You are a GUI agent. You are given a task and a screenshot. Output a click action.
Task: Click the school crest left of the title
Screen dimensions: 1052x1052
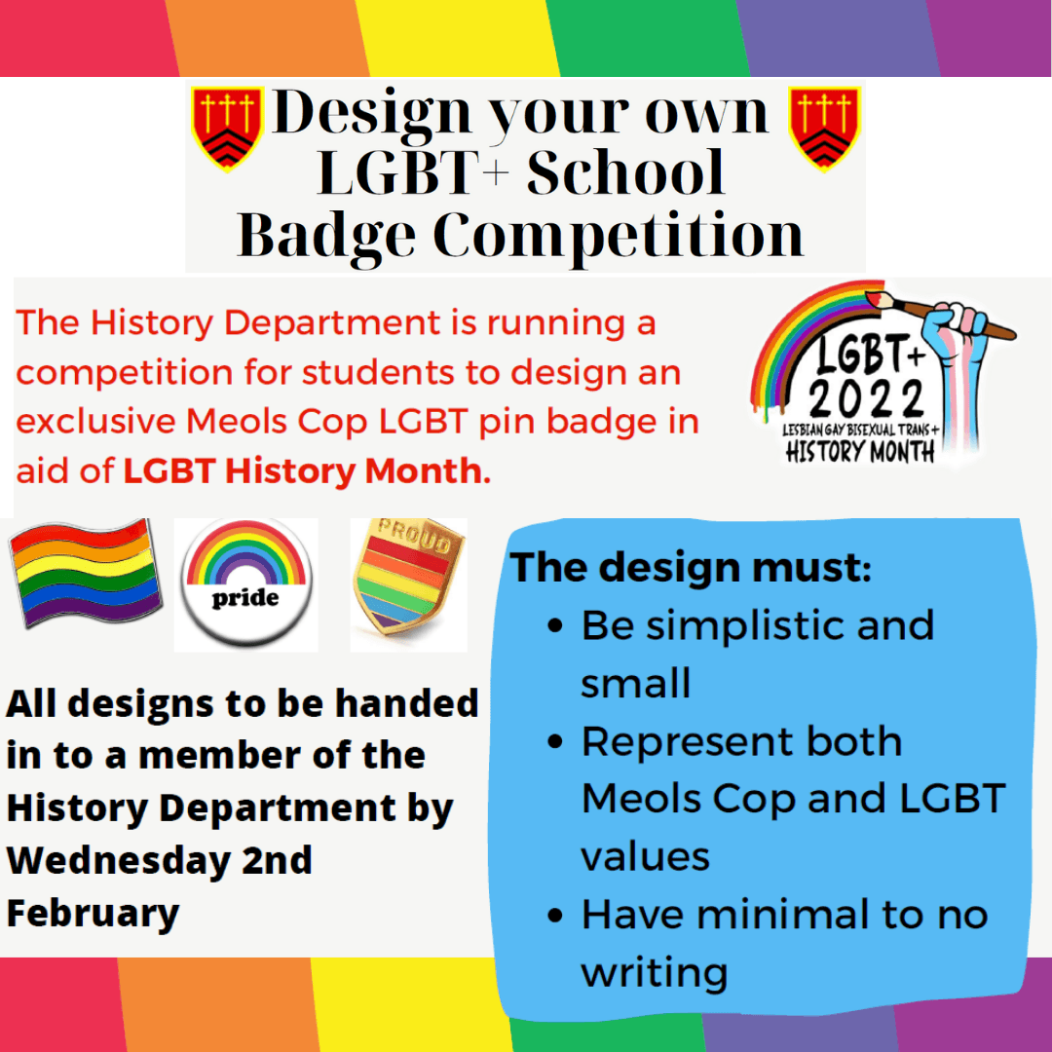point(227,128)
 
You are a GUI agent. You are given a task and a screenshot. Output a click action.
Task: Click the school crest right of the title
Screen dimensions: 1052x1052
point(824,128)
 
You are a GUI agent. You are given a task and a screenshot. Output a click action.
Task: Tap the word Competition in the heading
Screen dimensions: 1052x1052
point(618,236)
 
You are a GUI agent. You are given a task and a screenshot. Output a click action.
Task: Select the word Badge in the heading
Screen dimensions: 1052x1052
point(326,236)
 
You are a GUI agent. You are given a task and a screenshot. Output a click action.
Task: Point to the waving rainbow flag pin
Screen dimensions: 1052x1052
point(85,573)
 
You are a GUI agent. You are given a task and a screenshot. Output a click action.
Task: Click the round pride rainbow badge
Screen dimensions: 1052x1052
point(245,583)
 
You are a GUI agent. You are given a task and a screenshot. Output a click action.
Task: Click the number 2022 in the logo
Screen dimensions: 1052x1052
point(866,398)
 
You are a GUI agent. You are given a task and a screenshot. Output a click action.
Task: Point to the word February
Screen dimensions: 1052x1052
point(93,914)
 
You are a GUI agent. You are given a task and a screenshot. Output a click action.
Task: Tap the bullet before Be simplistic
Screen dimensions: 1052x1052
point(555,626)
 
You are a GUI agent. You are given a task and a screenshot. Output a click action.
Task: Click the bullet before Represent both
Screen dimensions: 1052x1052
point(555,742)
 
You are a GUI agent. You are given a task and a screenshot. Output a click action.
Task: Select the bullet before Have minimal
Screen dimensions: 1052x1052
point(555,916)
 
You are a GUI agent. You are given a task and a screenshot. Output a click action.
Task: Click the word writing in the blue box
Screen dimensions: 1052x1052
point(655,973)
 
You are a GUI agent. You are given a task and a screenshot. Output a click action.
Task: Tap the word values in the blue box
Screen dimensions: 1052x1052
point(645,857)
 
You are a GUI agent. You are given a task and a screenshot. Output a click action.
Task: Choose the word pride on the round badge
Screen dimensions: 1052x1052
point(244,598)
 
